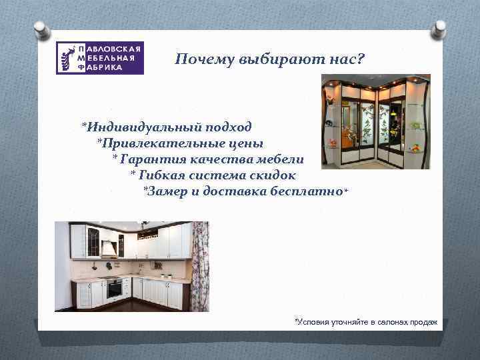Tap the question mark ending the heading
coord(361,61)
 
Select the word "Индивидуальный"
coord(137,127)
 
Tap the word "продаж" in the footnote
coord(423,322)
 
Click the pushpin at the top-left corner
coord(41,30)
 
